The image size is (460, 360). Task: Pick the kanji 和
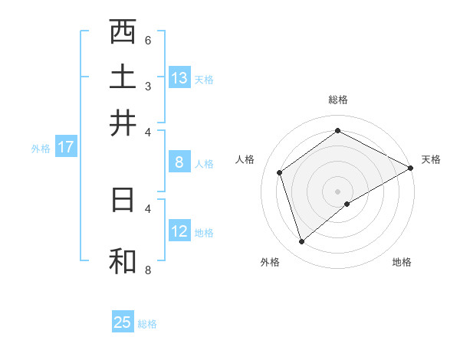click(x=123, y=260)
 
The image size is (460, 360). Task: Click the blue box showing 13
click(x=179, y=77)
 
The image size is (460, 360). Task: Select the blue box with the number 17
click(x=65, y=147)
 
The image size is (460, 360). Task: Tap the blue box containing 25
click(x=123, y=322)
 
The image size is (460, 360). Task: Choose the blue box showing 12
click(x=179, y=231)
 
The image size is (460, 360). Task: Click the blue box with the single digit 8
click(x=179, y=162)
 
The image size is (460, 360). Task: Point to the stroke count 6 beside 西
click(x=148, y=41)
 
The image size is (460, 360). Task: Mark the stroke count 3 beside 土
click(x=148, y=86)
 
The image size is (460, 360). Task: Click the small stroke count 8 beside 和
click(x=148, y=270)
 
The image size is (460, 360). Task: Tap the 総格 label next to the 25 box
click(x=147, y=323)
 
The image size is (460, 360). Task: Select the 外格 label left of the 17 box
click(x=40, y=149)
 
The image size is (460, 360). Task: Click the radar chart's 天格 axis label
click(x=431, y=159)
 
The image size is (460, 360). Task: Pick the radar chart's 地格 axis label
click(x=402, y=262)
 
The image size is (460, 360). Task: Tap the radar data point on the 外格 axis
click(x=301, y=242)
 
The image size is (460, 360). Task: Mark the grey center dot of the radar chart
click(x=337, y=191)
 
